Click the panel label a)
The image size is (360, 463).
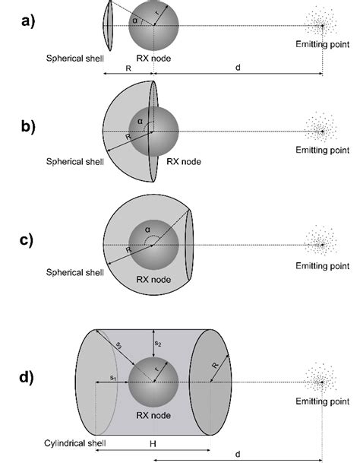tap(28, 21)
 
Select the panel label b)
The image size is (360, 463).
tap(28, 127)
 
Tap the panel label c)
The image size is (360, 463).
tap(27, 240)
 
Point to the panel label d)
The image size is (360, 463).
tap(27, 377)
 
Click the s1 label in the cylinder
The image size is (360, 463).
tap(113, 377)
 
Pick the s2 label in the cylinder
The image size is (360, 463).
tap(158, 344)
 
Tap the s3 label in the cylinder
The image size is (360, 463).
tap(118, 345)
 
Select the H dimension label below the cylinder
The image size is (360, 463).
tap(153, 443)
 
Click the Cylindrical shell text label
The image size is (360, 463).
tap(75, 443)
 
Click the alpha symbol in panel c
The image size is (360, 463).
tap(147, 230)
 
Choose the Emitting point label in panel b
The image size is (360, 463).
tap(323, 150)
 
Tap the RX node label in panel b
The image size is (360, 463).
tap(184, 161)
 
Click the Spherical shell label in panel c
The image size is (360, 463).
tap(75, 272)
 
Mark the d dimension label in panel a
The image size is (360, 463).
tap(238, 68)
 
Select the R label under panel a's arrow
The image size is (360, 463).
tap(128, 68)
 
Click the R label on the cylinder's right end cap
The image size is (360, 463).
tap(216, 365)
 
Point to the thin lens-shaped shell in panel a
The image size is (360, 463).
tap(108, 26)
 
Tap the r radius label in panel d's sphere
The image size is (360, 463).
tap(156, 369)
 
